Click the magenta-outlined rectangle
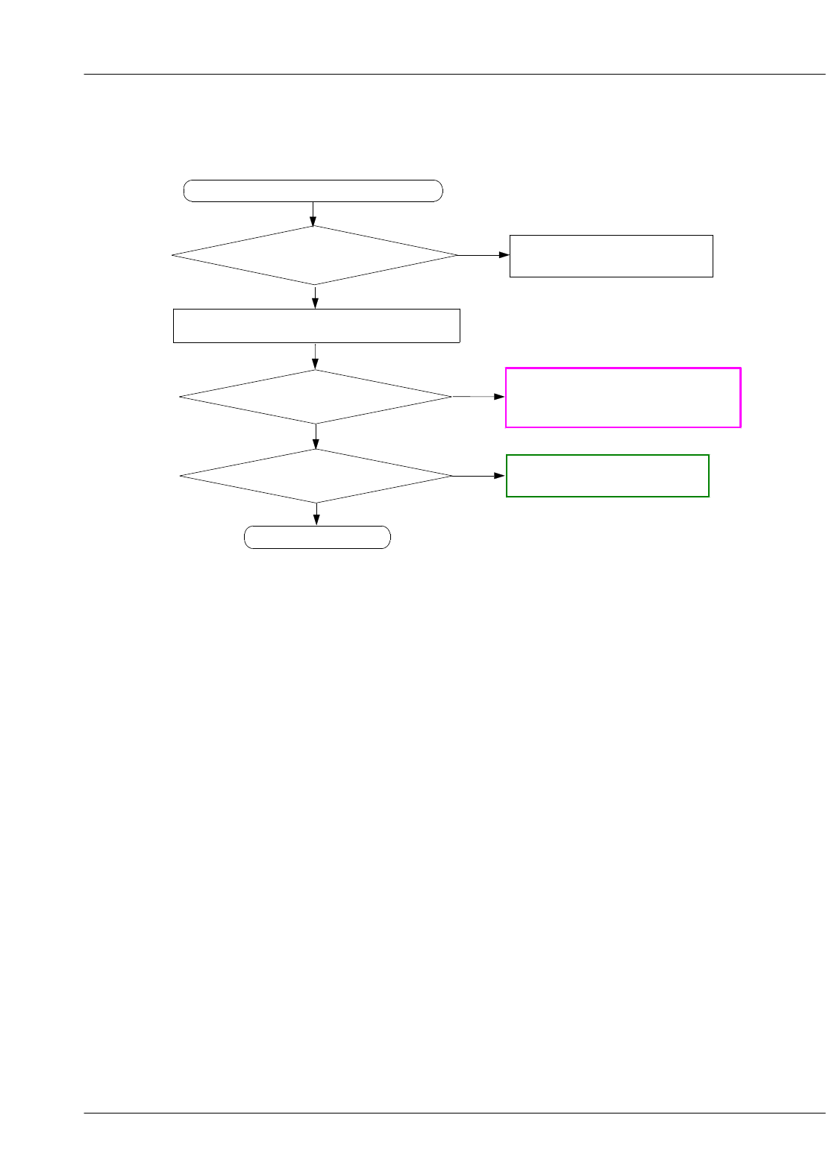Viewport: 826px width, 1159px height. pos(623,397)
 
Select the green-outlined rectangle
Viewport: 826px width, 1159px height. pos(607,476)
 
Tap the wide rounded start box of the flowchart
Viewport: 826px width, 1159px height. pos(313,191)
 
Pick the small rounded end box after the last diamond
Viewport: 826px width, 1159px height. pos(317,537)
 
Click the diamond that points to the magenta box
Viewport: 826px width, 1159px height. pos(316,397)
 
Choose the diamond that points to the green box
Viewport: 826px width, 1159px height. pos(316,476)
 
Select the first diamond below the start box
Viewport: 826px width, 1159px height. pos(314,255)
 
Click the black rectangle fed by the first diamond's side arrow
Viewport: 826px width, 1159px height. pos(611,256)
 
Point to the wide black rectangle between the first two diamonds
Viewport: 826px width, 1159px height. pos(316,326)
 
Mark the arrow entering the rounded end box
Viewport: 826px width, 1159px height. pos(317,515)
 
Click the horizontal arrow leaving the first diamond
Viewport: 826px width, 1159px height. pos(484,255)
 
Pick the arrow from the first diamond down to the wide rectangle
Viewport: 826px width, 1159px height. pos(315,297)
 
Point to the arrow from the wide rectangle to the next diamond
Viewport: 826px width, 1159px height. pos(316,357)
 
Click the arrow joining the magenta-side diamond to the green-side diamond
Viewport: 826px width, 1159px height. pos(316,436)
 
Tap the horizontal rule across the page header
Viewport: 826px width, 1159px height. pos(454,75)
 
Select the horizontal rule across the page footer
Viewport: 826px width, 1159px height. pos(454,1114)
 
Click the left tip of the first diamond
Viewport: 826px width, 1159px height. pos(173,255)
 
